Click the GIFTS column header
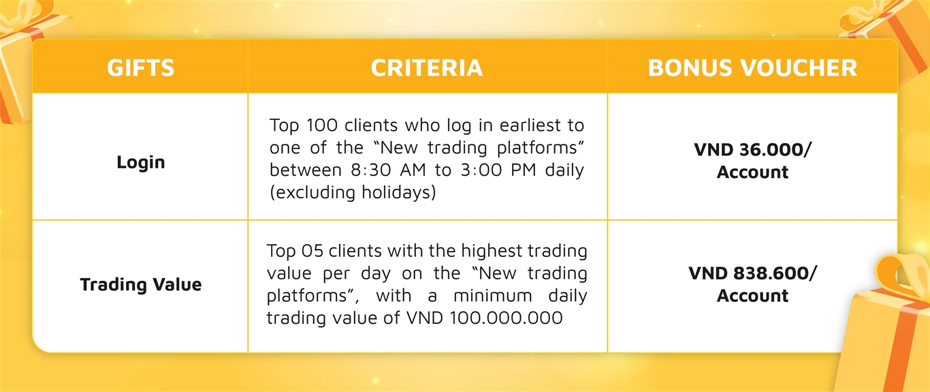141,67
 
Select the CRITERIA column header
427,67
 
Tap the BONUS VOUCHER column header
752,67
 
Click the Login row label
141,162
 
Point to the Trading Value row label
141,285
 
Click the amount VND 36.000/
752,150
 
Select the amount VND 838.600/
752,273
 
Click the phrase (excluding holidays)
353,192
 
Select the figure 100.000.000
506,318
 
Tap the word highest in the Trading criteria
492,251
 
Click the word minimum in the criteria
493,296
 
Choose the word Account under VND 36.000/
752,172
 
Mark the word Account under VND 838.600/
752,296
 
